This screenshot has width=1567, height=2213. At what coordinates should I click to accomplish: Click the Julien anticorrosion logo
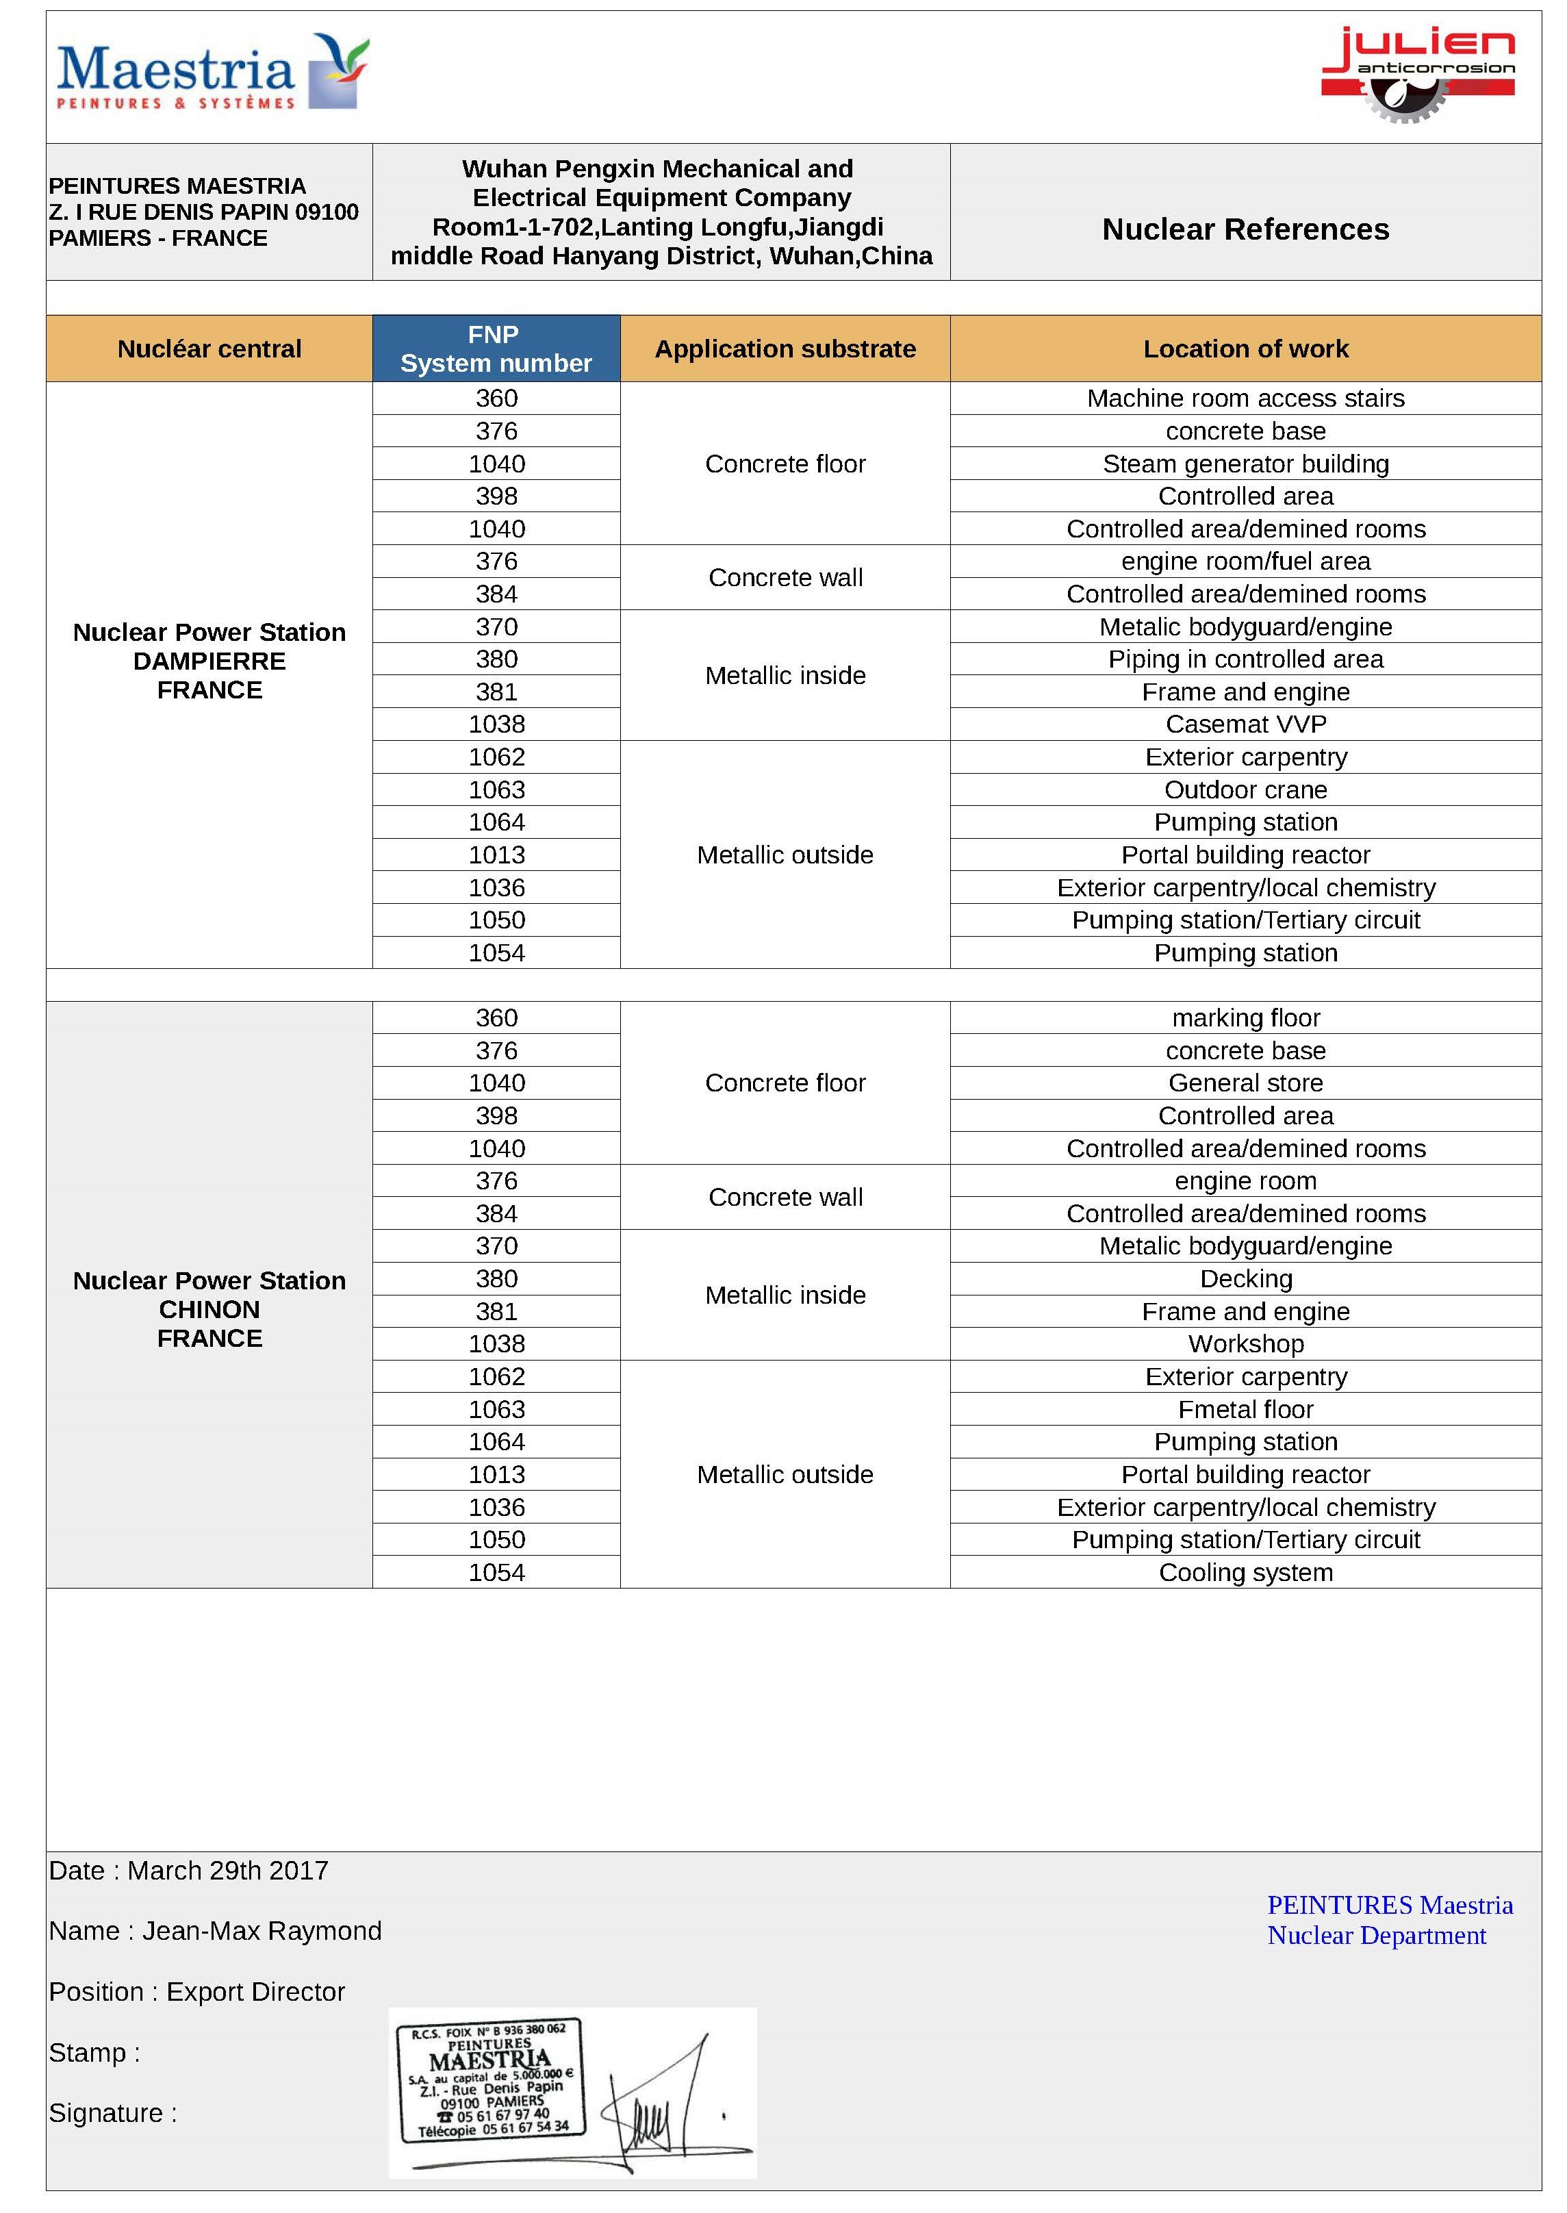coord(1416,75)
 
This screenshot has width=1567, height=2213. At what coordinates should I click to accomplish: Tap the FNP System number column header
coord(496,349)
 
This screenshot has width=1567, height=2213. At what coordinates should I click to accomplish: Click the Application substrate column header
coord(785,349)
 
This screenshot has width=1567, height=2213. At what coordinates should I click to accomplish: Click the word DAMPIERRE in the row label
coord(209,661)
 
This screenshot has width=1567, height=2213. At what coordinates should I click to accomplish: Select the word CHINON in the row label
coord(209,1310)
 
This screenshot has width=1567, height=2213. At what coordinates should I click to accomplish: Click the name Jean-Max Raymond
coord(262,1930)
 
